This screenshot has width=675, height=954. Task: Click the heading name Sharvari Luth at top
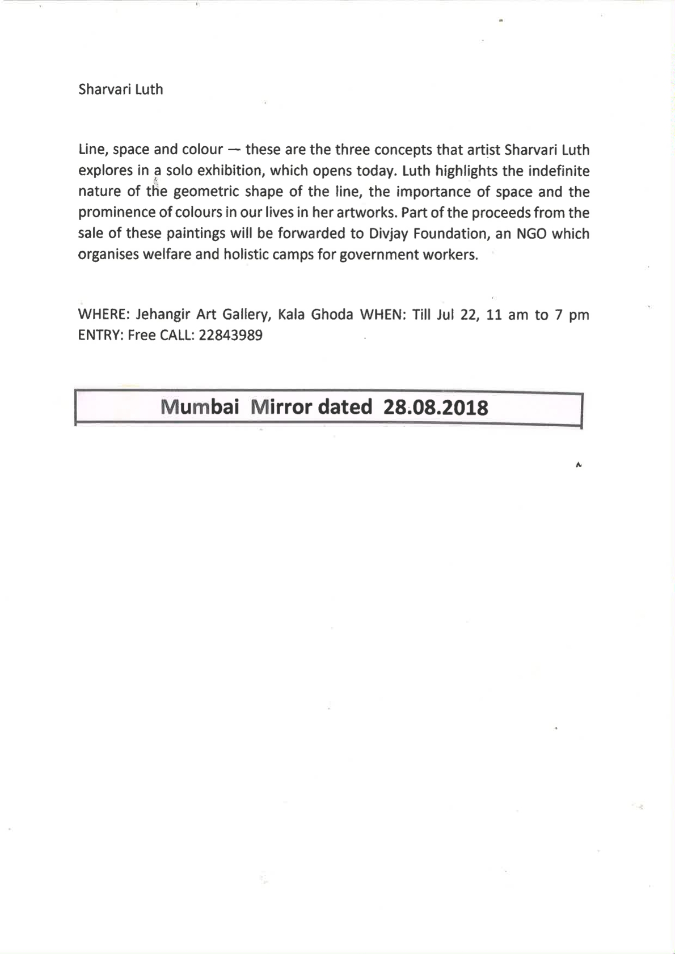(x=121, y=90)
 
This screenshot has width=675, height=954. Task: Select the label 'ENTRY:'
(x=100, y=336)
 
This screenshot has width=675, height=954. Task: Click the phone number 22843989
(x=230, y=336)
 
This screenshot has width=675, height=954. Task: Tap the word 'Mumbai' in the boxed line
(x=200, y=407)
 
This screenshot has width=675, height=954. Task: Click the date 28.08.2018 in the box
(x=435, y=408)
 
